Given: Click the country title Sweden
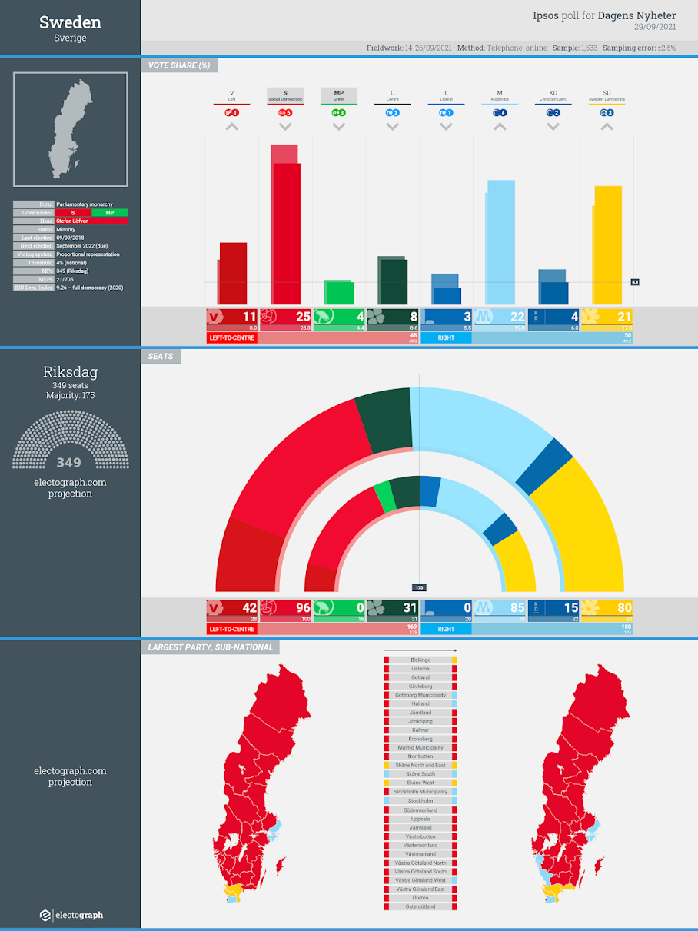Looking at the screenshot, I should [70, 22].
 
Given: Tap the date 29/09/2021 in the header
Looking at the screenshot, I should [654, 27].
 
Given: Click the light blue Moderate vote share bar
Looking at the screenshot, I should [501, 242].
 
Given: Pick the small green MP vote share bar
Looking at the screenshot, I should [340, 292].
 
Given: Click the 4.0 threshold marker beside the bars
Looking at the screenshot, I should [635, 282].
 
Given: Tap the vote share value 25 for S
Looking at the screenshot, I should [303, 316].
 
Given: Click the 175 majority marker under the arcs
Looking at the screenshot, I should [419, 587].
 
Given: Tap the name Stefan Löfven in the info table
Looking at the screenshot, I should [73, 221].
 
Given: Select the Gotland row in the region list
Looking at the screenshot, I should [420, 677].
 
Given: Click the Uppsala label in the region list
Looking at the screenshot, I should [420, 819].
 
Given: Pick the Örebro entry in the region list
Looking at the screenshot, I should [420, 898].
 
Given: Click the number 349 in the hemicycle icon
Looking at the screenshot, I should [69, 463].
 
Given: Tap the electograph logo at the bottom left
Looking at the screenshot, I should [71, 915].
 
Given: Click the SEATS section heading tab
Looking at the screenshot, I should [161, 357].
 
